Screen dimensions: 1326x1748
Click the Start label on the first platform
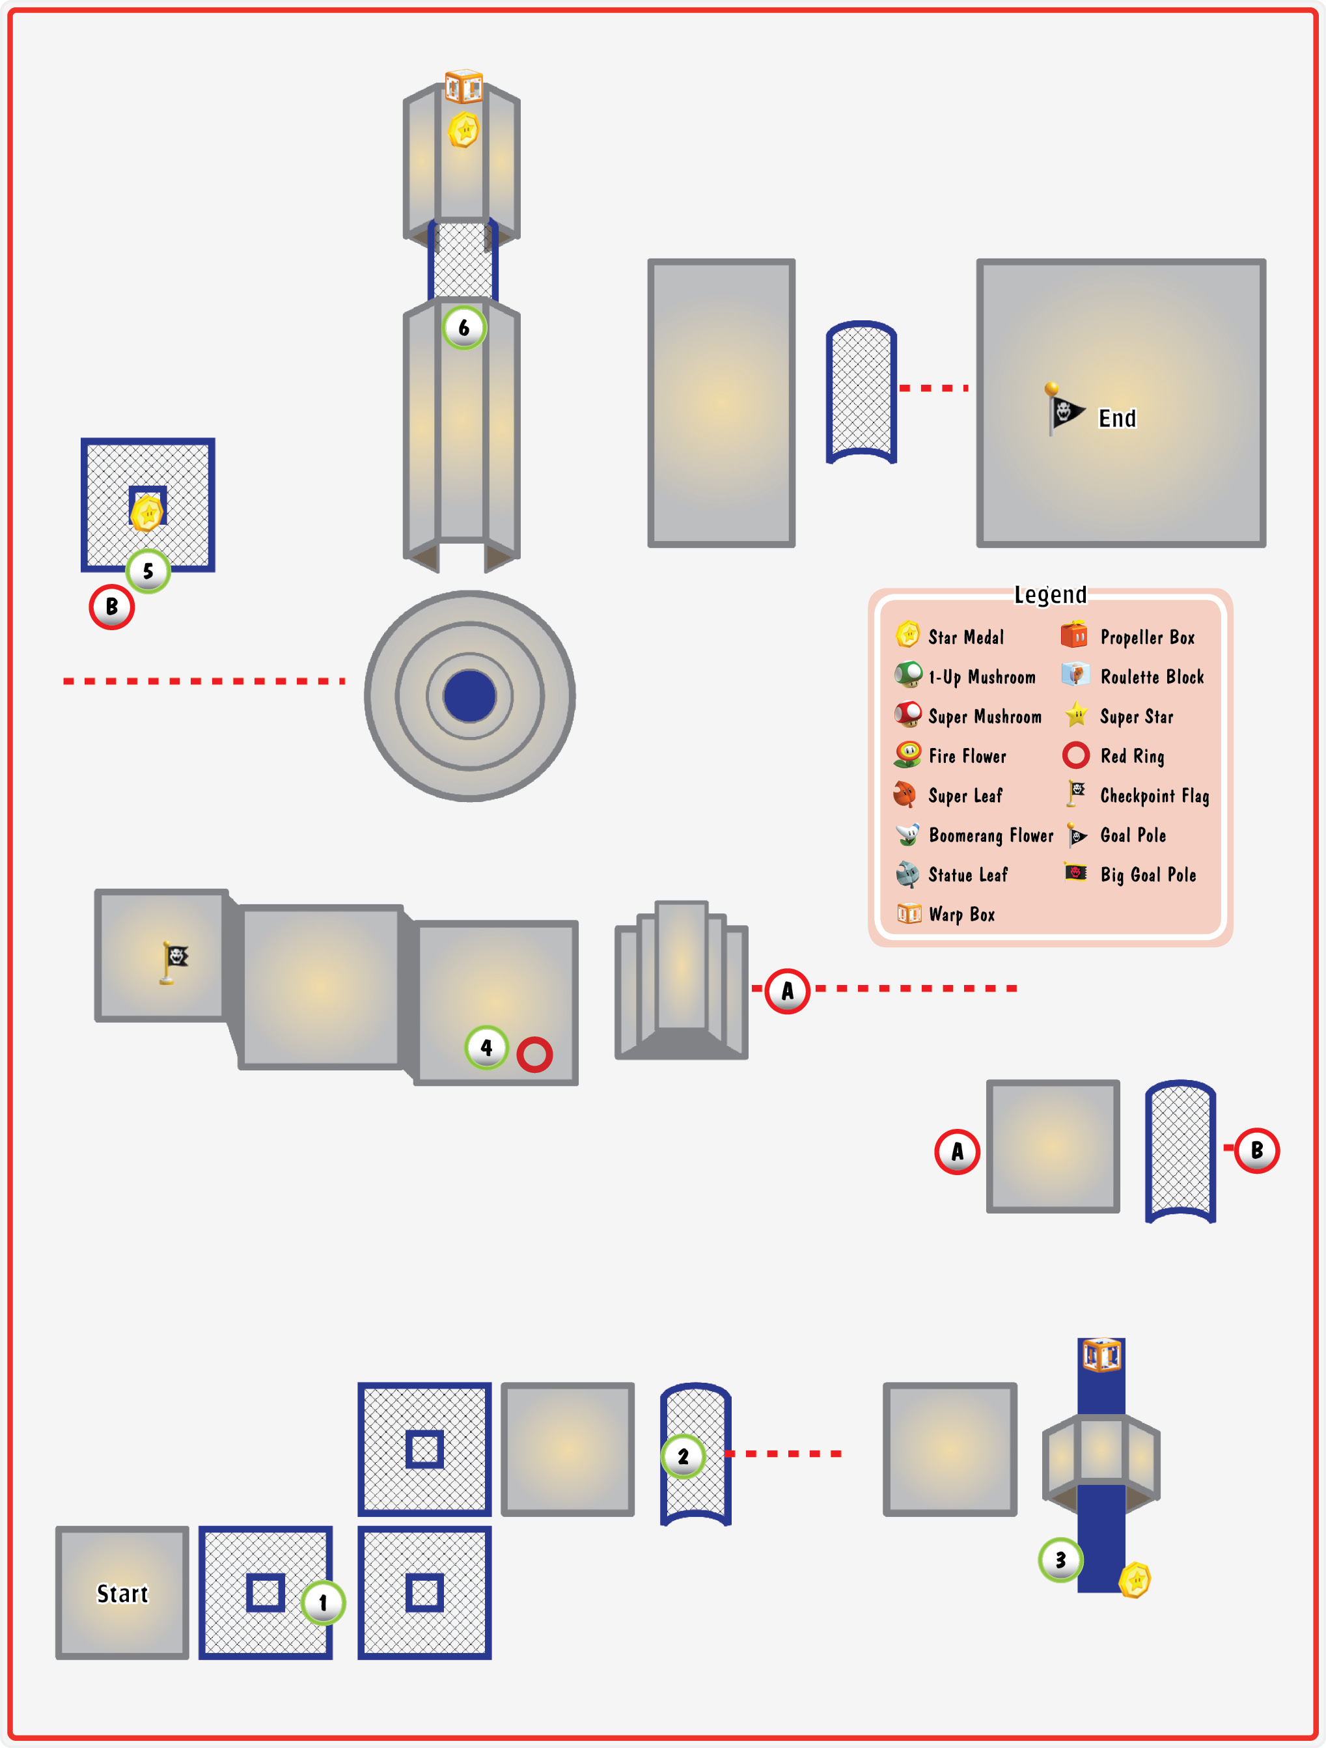[122, 1593]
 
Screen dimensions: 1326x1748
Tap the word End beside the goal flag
[1118, 418]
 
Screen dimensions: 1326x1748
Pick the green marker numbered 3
[1060, 1560]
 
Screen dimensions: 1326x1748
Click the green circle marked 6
[464, 327]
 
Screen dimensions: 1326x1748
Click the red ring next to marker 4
[535, 1054]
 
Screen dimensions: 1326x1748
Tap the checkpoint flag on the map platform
[174, 962]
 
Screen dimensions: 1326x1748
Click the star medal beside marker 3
[1135, 1579]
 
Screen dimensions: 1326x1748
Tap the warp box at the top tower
[464, 86]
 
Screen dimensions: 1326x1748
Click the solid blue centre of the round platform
[469, 696]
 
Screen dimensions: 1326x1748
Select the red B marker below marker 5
[111, 607]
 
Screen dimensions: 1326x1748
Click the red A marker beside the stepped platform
[787, 990]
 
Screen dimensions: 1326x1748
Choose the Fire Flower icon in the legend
[908, 755]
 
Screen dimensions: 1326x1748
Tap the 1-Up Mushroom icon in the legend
[908, 675]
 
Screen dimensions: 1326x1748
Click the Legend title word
[1050, 594]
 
